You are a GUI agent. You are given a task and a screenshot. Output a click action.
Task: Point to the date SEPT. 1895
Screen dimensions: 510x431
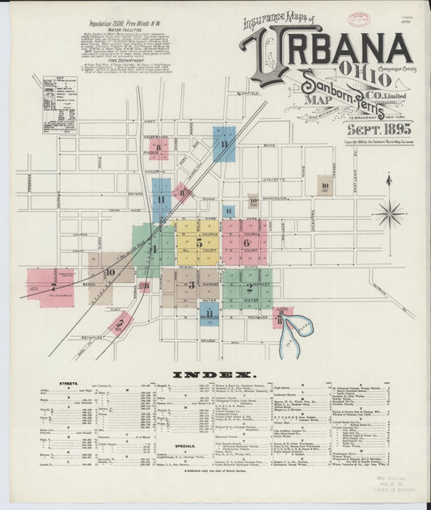[379, 128]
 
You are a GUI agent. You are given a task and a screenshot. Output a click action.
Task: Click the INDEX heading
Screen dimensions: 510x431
[214, 375]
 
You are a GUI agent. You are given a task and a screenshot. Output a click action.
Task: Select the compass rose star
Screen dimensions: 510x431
[388, 213]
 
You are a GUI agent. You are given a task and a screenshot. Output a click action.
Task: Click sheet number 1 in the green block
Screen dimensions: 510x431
[154, 248]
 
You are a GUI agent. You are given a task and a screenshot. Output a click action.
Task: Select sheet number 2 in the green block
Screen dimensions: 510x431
[248, 287]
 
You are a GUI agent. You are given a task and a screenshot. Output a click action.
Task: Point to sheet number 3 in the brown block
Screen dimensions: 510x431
[192, 285]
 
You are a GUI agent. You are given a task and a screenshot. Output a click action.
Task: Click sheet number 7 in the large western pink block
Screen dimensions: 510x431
[53, 286]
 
